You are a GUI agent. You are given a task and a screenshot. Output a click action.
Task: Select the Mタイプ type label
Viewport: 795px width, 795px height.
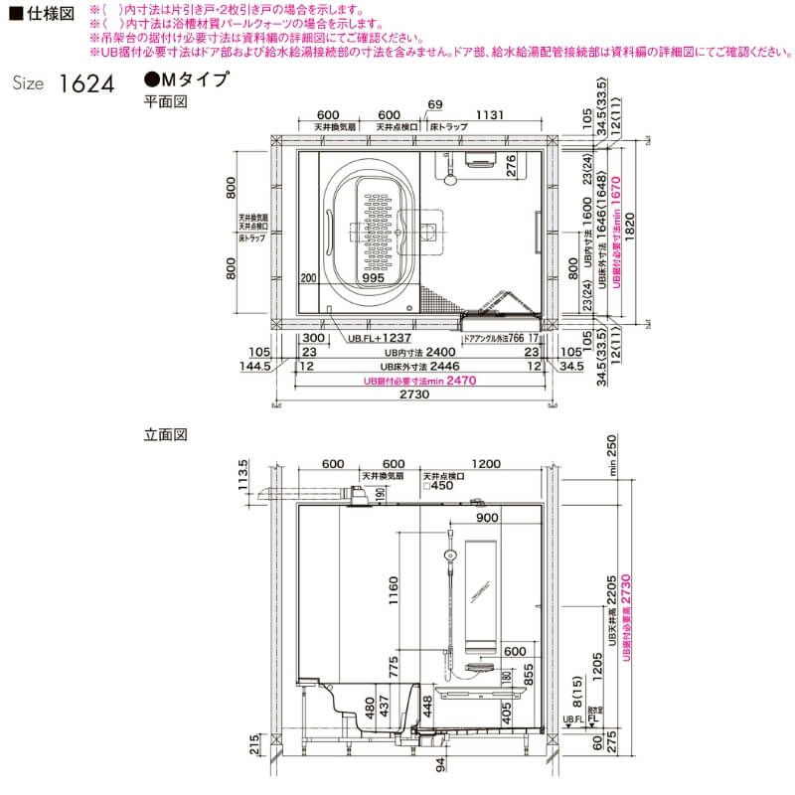click(x=188, y=79)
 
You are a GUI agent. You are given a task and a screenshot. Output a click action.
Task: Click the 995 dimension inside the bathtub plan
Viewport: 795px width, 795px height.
click(x=374, y=279)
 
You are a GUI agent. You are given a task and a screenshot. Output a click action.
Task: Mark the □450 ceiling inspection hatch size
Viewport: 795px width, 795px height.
click(x=439, y=486)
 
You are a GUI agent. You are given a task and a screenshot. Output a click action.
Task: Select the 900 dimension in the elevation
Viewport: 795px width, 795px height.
click(x=486, y=518)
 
